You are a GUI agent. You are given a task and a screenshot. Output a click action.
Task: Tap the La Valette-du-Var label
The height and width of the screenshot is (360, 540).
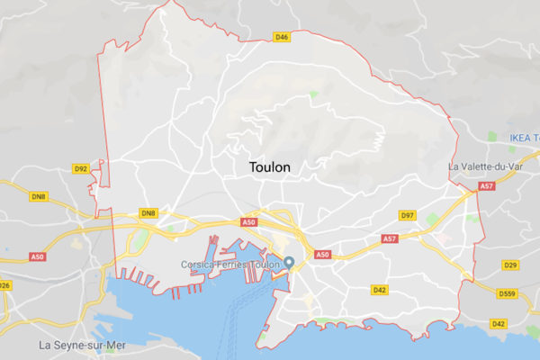click(491, 167)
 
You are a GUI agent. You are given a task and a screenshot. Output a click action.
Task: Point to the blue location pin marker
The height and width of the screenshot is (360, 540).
click(290, 263)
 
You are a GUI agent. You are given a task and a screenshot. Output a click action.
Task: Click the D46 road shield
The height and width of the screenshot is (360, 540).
click(282, 37)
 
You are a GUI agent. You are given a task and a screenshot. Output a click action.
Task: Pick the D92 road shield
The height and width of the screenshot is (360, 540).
click(81, 168)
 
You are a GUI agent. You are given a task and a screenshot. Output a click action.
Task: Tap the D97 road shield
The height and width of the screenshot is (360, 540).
click(407, 215)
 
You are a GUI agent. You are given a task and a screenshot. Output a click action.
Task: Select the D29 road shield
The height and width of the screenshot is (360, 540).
click(510, 265)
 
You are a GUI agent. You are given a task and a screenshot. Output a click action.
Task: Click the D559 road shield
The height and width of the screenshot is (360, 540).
click(510, 292)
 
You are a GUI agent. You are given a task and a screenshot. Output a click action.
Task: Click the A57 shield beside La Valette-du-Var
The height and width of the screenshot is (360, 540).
click(487, 186)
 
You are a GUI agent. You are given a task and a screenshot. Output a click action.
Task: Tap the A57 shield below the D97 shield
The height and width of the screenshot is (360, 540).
click(390, 238)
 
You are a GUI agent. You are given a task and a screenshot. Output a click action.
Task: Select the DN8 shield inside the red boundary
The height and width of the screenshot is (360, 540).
click(148, 213)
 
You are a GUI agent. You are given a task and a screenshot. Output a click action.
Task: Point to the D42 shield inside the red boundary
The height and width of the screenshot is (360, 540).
click(379, 290)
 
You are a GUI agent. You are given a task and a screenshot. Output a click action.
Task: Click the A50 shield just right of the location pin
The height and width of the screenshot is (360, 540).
click(323, 255)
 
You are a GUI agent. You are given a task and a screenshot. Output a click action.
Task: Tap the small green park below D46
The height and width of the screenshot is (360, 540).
click(313, 94)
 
